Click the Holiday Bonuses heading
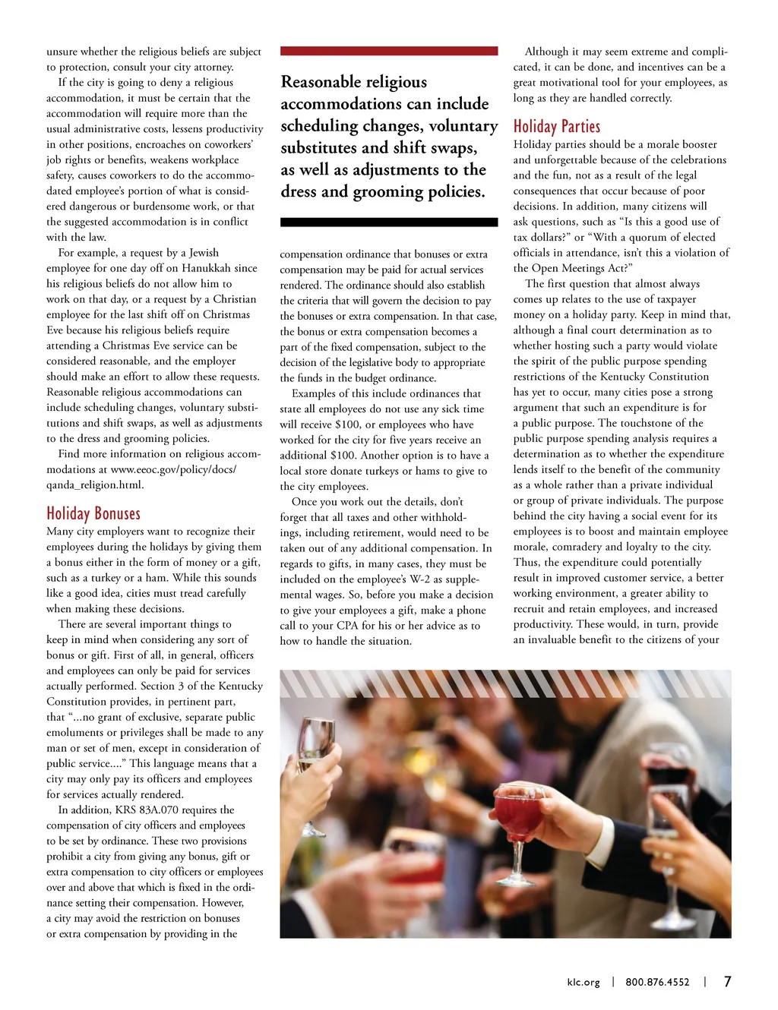(x=93, y=513)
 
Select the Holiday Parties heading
(x=557, y=126)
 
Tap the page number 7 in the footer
(x=727, y=981)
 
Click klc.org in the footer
(x=583, y=982)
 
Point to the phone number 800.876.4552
(x=657, y=982)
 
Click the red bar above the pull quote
(x=389, y=51)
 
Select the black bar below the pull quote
(x=389, y=223)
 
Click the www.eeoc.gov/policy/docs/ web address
(x=173, y=469)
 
